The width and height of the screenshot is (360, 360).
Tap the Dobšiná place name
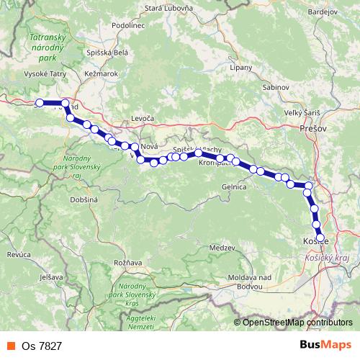pos(84,199)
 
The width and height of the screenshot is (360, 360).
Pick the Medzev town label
pos(221,247)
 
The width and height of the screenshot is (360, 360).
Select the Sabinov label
pos(274,86)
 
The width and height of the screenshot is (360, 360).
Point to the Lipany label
pos(240,67)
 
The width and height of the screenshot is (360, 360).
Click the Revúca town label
pos(17,255)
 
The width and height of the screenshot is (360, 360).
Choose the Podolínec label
pos(130,25)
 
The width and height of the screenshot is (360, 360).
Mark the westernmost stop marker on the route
pos(40,102)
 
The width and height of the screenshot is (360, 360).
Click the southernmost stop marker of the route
pos(320,236)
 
